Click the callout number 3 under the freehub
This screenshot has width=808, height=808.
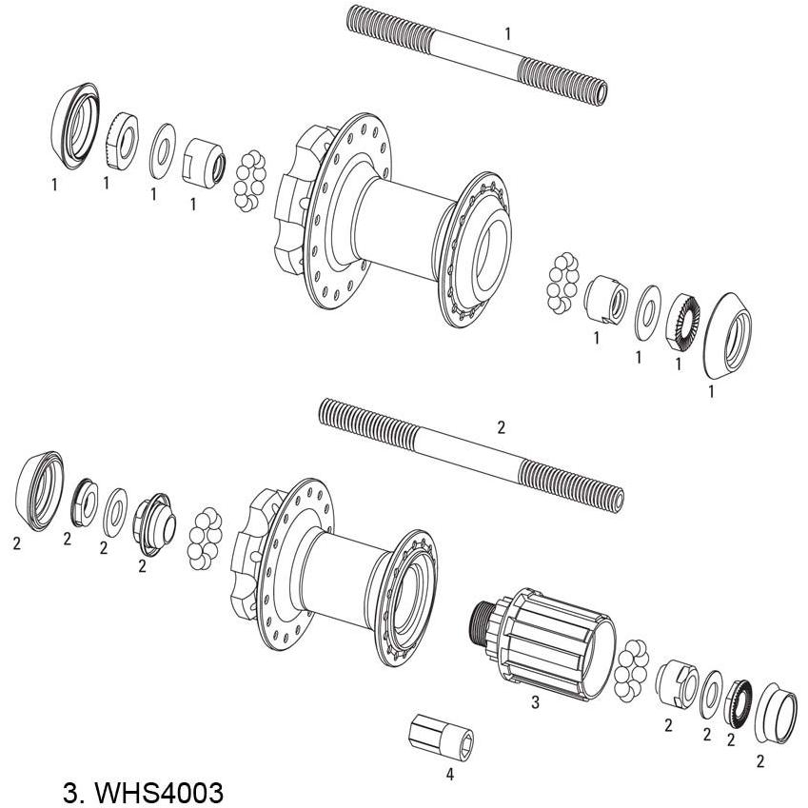pos(535,703)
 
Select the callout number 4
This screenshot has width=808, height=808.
pos(449,774)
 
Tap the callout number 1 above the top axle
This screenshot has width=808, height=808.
pos(507,33)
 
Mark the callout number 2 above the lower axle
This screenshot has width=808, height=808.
pos(502,427)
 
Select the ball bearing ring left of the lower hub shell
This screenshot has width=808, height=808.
pos(207,539)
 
